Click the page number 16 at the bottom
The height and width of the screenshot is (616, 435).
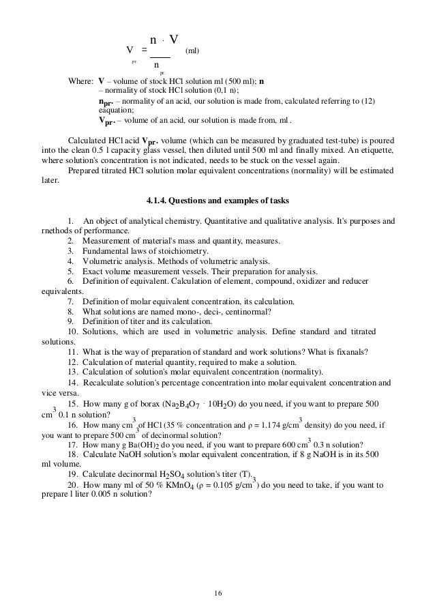pyautogui.click(x=217, y=591)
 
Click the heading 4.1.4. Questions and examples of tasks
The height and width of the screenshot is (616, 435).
pyautogui.click(x=217, y=201)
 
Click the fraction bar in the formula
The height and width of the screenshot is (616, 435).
pyautogui.click(x=160, y=57)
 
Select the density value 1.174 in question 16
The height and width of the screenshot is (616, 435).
pyautogui.click(x=273, y=424)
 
